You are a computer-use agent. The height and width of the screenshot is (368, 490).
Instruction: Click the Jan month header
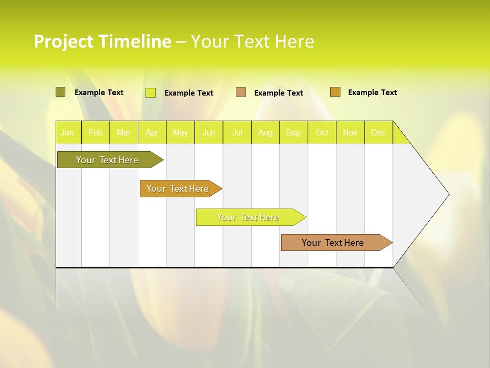(67, 132)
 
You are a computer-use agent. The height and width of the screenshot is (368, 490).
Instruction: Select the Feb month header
(95, 132)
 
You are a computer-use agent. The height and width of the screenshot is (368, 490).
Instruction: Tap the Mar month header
(124, 132)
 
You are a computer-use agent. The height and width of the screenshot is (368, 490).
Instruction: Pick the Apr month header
(152, 132)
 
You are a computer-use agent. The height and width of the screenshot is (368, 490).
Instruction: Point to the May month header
(180, 132)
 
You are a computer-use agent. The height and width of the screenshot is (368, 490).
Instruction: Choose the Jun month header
(209, 132)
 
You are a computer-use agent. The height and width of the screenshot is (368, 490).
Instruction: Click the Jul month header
(237, 132)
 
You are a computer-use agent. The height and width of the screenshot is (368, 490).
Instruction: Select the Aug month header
(265, 132)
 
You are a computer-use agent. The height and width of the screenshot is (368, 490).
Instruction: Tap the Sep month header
(293, 132)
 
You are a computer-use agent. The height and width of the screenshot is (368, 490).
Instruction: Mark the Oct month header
(322, 132)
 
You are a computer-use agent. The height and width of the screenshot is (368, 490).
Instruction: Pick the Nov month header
(350, 132)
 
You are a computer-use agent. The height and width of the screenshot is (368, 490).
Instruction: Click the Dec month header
(379, 132)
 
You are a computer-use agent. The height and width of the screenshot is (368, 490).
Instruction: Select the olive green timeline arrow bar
(108, 160)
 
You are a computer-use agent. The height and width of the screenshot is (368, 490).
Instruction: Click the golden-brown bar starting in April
(178, 189)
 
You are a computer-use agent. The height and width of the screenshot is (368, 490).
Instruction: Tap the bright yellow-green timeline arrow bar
(249, 217)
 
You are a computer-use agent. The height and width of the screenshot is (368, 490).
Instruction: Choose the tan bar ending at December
(333, 243)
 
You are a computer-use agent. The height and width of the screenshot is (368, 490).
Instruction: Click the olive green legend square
(61, 92)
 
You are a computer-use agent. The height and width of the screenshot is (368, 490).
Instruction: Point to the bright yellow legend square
(151, 93)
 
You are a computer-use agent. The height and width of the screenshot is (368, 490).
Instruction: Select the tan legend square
(241, 93)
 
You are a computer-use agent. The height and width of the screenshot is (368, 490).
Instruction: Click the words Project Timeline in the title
(102, 41)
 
